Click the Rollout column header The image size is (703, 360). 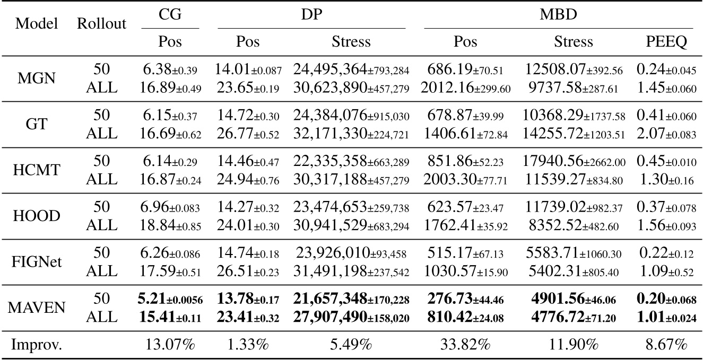102,24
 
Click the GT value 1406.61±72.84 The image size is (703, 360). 465,135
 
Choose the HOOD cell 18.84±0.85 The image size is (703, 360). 171,226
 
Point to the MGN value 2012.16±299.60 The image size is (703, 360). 465,89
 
